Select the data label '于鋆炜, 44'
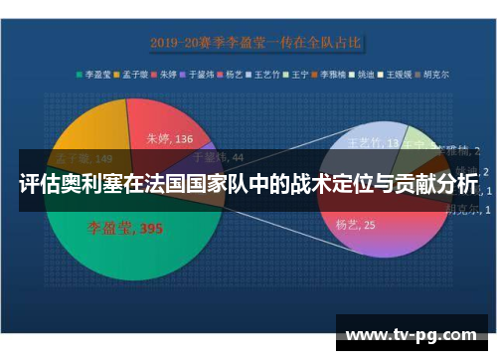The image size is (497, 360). [x=217, y=156]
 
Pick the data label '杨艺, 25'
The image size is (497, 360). [x=355, y=225]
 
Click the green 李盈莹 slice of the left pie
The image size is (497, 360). [x=109, y=249]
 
